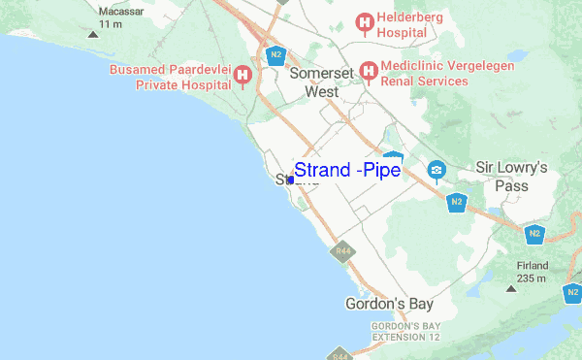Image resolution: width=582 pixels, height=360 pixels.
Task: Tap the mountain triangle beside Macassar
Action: click(x=93, y=34)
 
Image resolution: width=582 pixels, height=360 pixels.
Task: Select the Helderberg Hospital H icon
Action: click(x=366, y=20)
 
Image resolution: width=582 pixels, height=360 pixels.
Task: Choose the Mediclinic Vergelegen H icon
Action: click(x=369, y=71)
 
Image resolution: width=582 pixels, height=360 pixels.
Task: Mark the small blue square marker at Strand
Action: click(x=291, y=180)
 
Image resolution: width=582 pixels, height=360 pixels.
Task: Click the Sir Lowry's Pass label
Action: click(x=511, y=177)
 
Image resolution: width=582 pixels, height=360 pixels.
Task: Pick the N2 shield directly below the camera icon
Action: click(x=457, y=202)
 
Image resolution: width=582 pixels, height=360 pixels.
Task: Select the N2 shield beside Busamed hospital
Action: click(x=276, y=54)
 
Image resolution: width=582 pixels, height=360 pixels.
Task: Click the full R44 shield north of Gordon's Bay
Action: click(x=341, y=251)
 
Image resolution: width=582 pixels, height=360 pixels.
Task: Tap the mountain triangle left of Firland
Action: click(x=508, y=288)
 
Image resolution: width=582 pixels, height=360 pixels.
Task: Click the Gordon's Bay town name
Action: click(x=387, y=304)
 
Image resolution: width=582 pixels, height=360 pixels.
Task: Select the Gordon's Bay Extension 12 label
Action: click(x=405, y=331)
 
